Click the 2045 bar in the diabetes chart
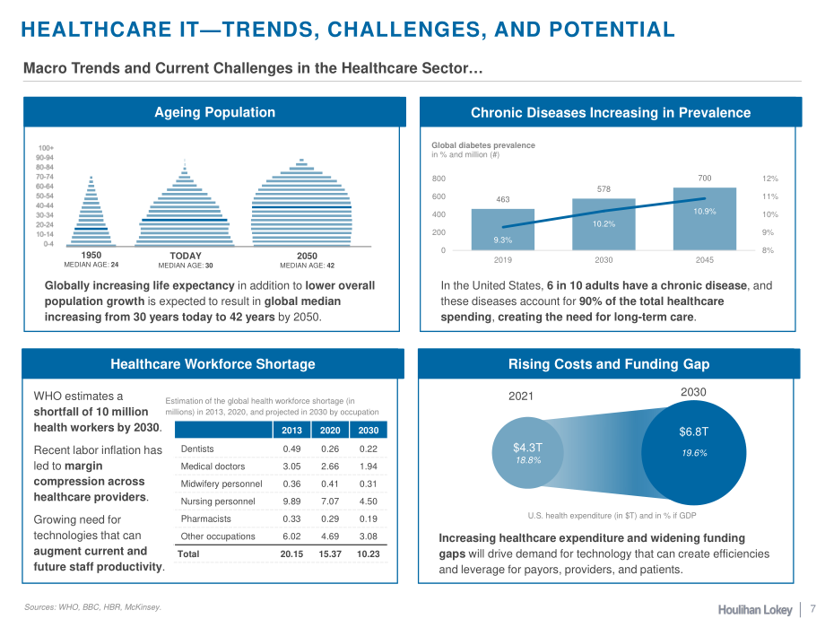coord(705,219)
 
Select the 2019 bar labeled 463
coord(502,230)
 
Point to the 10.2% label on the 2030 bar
coord(604,223)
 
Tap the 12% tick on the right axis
coord(769,179)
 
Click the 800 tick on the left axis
coord(439,179)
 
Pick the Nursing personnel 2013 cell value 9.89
coord(291,501)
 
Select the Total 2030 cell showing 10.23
coord(368,554)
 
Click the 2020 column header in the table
coord(330,430)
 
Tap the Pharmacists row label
coord(205,519)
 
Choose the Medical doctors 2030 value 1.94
coord(369,466)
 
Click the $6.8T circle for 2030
coord(693,453)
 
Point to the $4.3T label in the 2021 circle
coord(527,448)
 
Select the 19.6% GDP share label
coord(694,453)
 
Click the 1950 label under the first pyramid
coord(91,256)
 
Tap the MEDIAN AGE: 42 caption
coord(308,266)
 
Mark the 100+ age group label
coord(46,148)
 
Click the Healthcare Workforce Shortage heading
coord(213,363)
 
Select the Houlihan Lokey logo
coord(755,609)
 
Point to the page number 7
coord(813,607)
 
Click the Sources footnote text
coord(92,607)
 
